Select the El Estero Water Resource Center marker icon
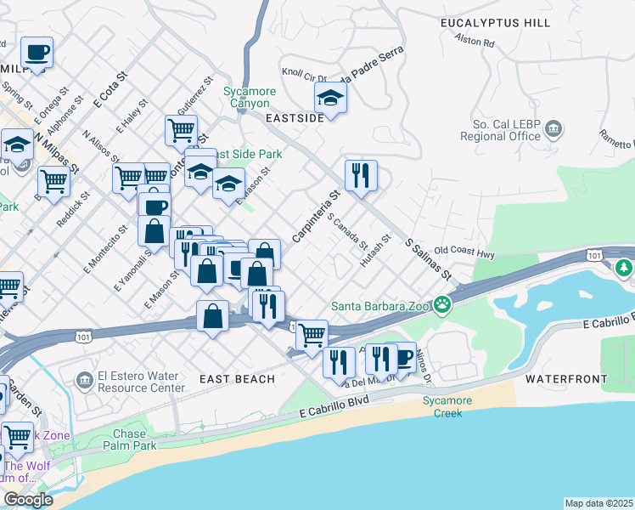[83, 378]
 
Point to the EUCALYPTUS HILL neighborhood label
[495, 23]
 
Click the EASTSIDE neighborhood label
[295, 118]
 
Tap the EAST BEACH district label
[237, 378]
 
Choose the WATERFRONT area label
[565, 378]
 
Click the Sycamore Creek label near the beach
[442, 407]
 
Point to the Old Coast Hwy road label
[464, 252]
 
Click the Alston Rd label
[474, 40]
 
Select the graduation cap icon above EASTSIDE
[330, 98]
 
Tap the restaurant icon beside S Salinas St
[361, 175]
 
